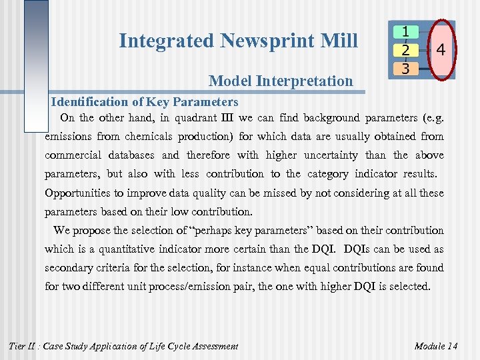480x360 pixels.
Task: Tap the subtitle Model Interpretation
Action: (281, 81)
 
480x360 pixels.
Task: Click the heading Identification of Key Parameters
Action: (145, 102)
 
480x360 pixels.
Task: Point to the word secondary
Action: (71, 268)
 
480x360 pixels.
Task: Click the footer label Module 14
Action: (435, 346)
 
